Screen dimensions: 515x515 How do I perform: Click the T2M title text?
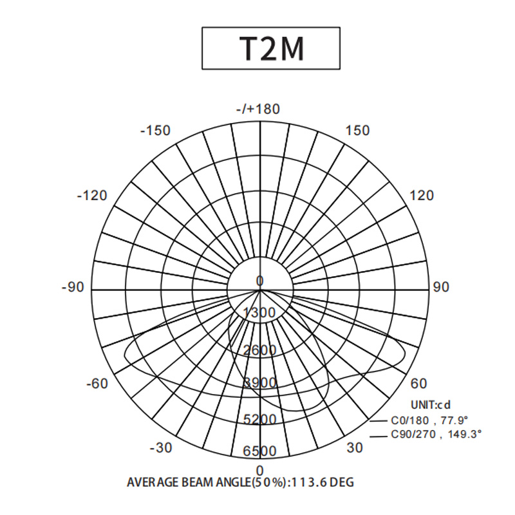pos(271,49)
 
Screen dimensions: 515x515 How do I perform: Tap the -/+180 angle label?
pos(258,109)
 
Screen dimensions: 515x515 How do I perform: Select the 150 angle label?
pos(358,131)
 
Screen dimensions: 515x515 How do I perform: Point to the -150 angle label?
pos(155,131)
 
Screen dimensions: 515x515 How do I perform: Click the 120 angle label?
pos(422,196)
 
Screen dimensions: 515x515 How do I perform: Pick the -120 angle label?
pos(92,196)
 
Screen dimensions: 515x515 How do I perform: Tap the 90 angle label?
pos(441,287)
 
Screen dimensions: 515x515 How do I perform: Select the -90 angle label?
pos(73,287)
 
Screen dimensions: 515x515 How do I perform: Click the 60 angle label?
pos(419,383)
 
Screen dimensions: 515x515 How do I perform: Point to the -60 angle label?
pos(97,383)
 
